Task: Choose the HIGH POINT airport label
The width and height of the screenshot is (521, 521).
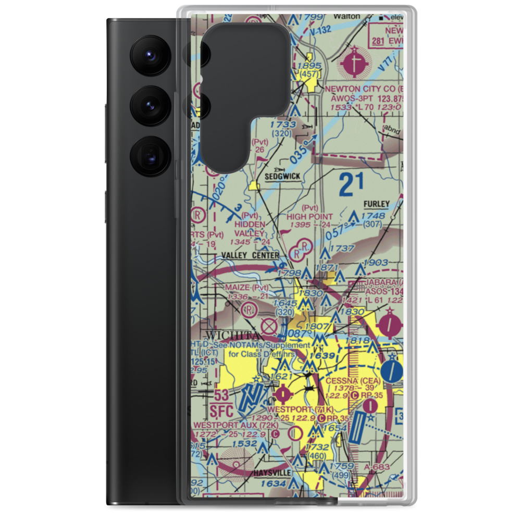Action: click(309, 216)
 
